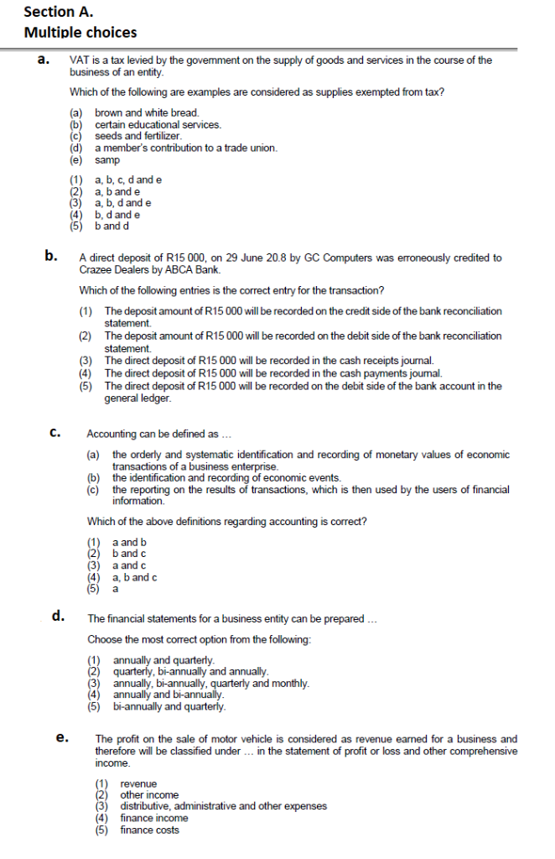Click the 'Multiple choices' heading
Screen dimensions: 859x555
tap(80, 33)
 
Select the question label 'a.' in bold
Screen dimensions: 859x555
tap(49, 60)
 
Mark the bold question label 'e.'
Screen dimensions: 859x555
tap(61, 738)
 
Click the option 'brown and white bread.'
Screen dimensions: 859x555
tap(147, 112)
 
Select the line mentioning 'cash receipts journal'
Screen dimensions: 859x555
tap(268, 361)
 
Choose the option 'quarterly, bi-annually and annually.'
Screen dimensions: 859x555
tap(190, 672)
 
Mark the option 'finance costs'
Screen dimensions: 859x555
tap(150, 830)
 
